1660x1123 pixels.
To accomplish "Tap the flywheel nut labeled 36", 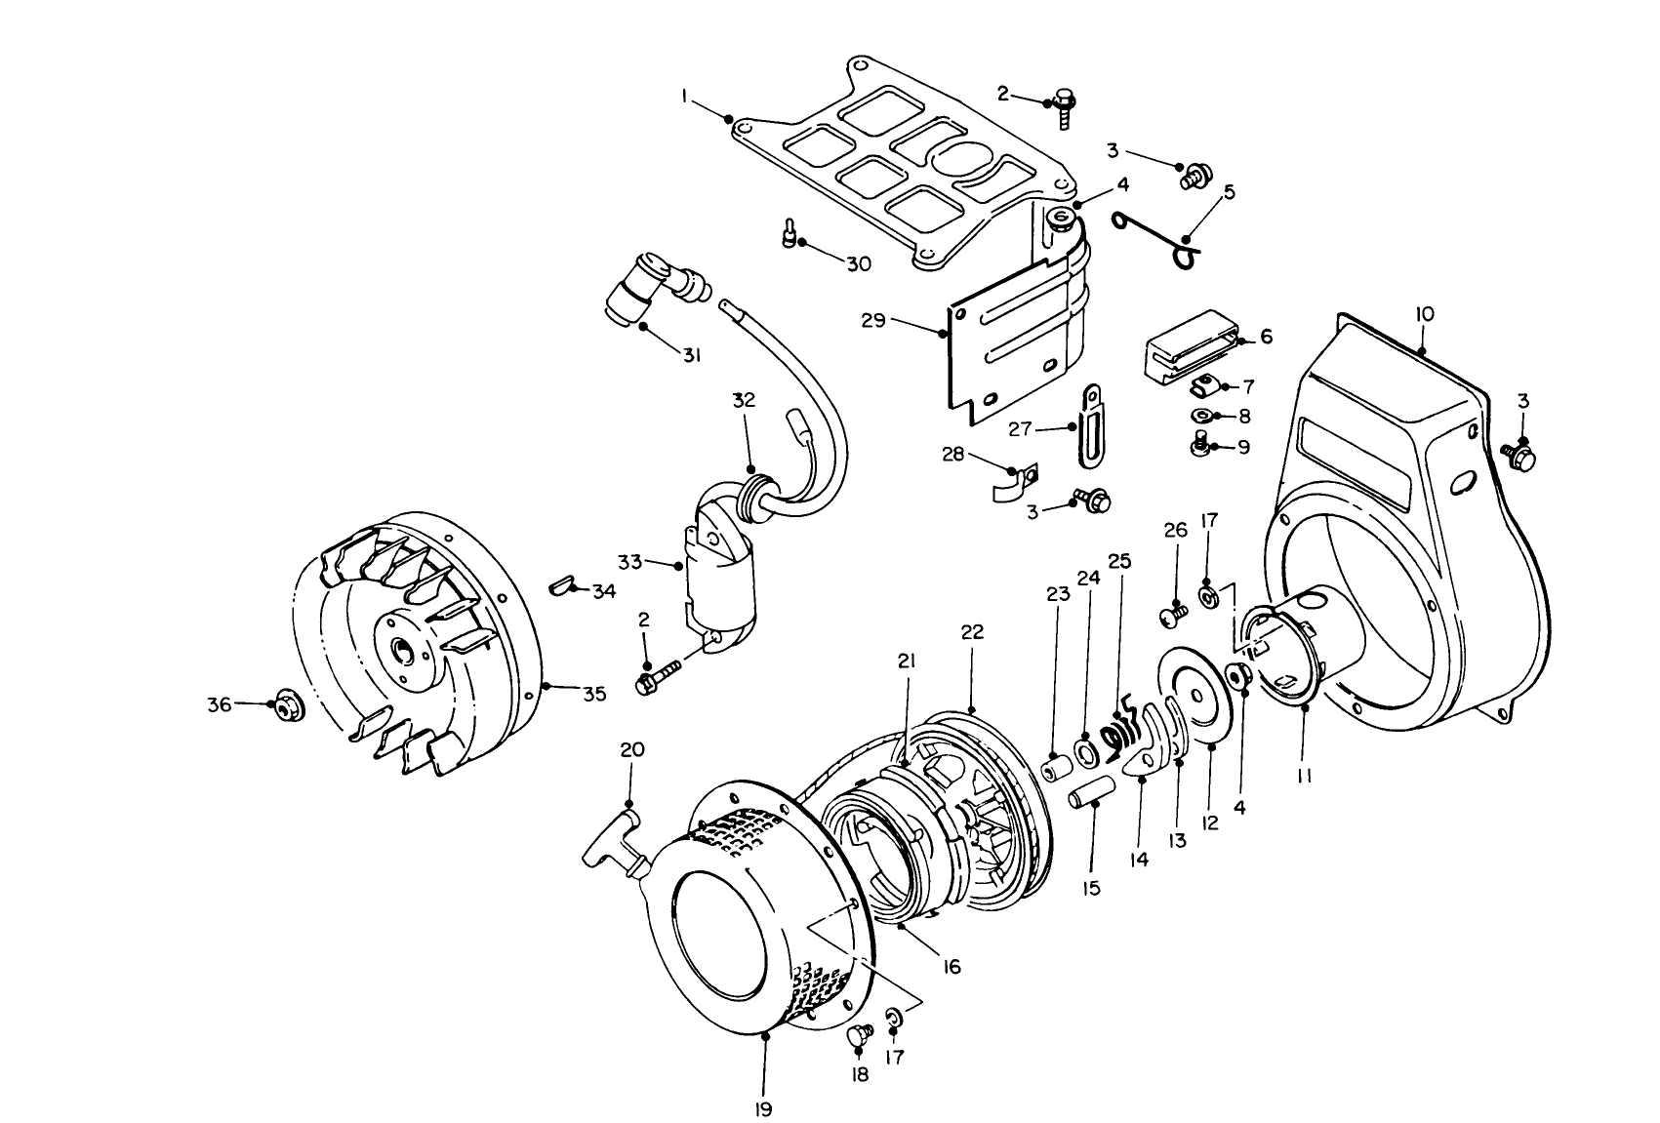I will pyautogui.click(x=286, y=702).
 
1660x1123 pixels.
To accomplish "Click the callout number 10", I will pyautogui.click(x=1424, y=314).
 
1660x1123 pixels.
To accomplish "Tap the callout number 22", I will pyautogui.click(x=972, y=632).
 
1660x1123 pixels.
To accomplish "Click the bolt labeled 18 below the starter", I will pyautogui.click(x=860, y=1035).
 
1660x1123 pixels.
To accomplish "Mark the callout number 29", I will pyautogui.click(x=873, y=319).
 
